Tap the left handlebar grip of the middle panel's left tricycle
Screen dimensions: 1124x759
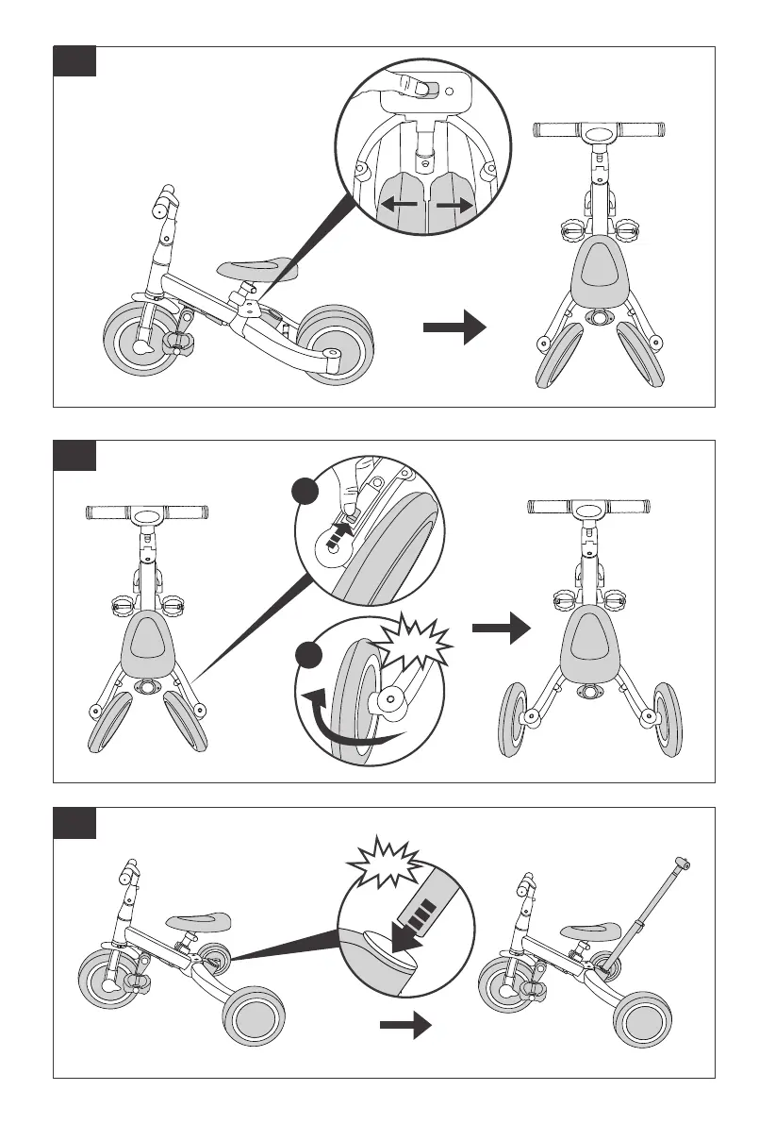tap(107, 513)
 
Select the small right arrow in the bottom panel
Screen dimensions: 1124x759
tap(404, 1024)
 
